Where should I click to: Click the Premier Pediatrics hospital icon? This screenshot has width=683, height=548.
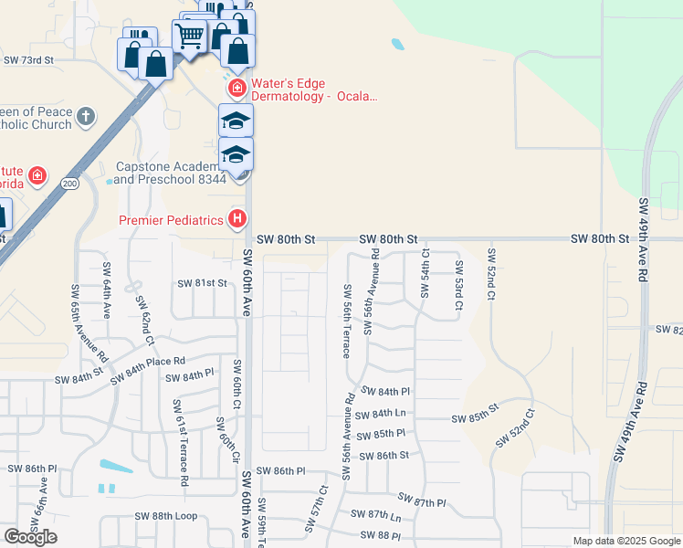point(237,219)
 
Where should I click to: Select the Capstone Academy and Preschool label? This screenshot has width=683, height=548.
point(169,174)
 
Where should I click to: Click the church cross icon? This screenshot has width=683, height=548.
point(85,116)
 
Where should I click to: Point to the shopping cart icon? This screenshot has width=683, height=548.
point(189,37)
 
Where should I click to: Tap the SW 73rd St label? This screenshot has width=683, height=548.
point(29,59)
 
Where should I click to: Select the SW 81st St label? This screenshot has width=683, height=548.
point(203,283)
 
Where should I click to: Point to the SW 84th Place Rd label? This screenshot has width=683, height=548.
point(147,369)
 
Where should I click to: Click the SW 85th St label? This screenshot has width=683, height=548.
point(476,419)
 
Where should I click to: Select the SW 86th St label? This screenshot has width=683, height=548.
point(384,455)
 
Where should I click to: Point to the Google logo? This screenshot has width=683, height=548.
point(30,537)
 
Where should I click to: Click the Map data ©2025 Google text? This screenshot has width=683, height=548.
point(625,541)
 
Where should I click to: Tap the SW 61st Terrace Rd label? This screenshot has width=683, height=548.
point(180,441)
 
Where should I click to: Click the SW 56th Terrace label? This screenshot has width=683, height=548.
point(348,321)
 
